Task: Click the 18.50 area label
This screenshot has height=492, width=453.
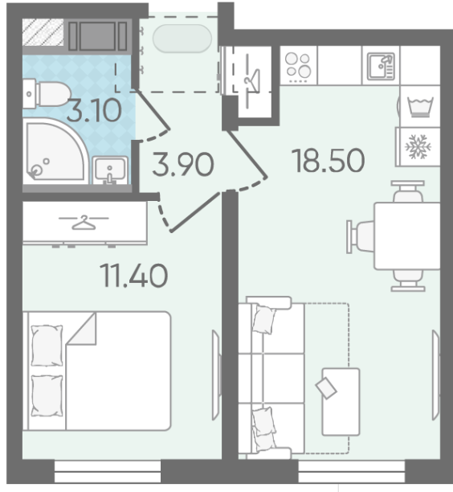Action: click(329, 161)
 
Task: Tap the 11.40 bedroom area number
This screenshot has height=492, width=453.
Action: click(134, 276)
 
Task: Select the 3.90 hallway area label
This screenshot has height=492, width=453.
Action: click(183, 164)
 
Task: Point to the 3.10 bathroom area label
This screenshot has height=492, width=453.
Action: click(94, 110)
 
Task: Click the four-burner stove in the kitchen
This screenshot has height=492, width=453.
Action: click(298, 66)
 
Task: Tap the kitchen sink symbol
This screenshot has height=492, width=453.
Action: click(381, 66)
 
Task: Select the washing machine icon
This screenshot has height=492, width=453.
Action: click(420, 106)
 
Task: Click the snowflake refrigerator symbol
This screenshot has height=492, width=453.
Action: click(418, 146)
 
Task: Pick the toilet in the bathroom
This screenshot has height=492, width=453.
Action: click(47, 94)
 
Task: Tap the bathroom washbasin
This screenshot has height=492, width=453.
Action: click(110, 170)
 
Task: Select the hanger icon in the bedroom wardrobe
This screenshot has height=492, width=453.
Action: click(84, 223)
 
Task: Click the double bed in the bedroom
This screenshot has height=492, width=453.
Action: click(97, 371)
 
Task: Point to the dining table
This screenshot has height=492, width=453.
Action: click(407, 236)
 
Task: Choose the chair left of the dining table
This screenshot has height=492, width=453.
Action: click(361, 236)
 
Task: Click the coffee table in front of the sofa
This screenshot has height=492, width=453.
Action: click(341, 402)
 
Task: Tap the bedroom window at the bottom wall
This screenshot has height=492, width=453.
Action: click(108, 471)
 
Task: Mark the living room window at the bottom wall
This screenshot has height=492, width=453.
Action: click(352, 471)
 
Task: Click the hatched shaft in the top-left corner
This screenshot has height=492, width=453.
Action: click(43, 32)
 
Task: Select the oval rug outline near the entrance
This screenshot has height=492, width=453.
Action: click(182, 39)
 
